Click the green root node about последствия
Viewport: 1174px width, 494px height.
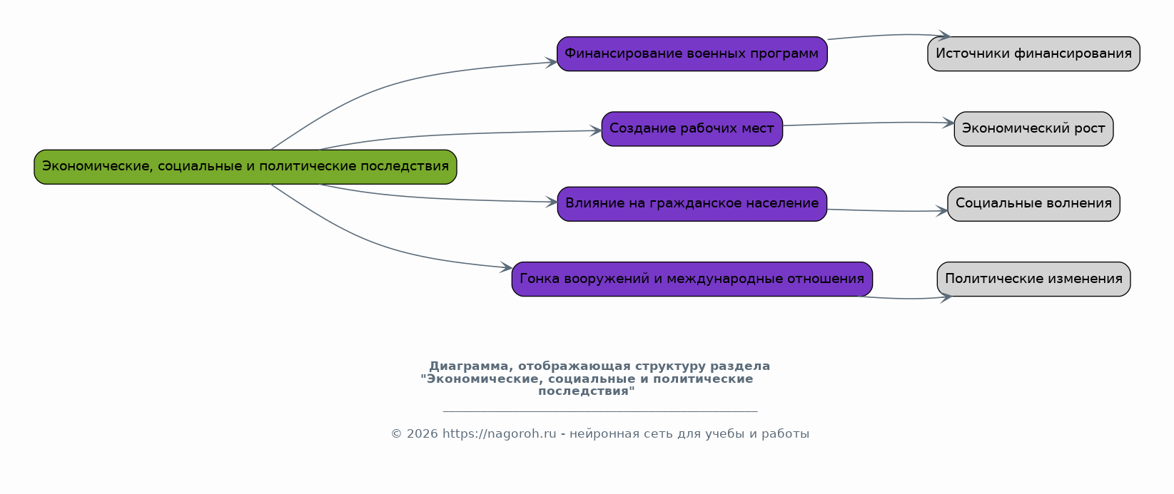(245, 167)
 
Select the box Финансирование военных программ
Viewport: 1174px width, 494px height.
(692, 54)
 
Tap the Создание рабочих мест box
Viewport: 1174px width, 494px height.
(692, 129)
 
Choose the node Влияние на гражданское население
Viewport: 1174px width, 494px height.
(692, 204)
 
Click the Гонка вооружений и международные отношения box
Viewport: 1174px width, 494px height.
(692, 279)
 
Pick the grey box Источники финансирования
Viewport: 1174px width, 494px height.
(1033, 54)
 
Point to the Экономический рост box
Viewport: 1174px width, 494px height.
(1033, 129)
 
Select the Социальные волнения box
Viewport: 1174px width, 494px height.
(1033, 204)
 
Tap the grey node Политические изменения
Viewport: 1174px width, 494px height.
(1033, 279)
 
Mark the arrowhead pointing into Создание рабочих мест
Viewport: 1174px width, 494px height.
(596, 130)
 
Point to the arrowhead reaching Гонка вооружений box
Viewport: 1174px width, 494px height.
(507, 268)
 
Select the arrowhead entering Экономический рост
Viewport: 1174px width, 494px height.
(948, 123)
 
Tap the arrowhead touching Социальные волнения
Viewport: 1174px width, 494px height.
(942, 211)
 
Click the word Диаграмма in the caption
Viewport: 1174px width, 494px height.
(467, 366)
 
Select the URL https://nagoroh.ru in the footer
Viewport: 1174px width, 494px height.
(499, 434)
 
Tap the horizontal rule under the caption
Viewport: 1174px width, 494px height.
(599, 411)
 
